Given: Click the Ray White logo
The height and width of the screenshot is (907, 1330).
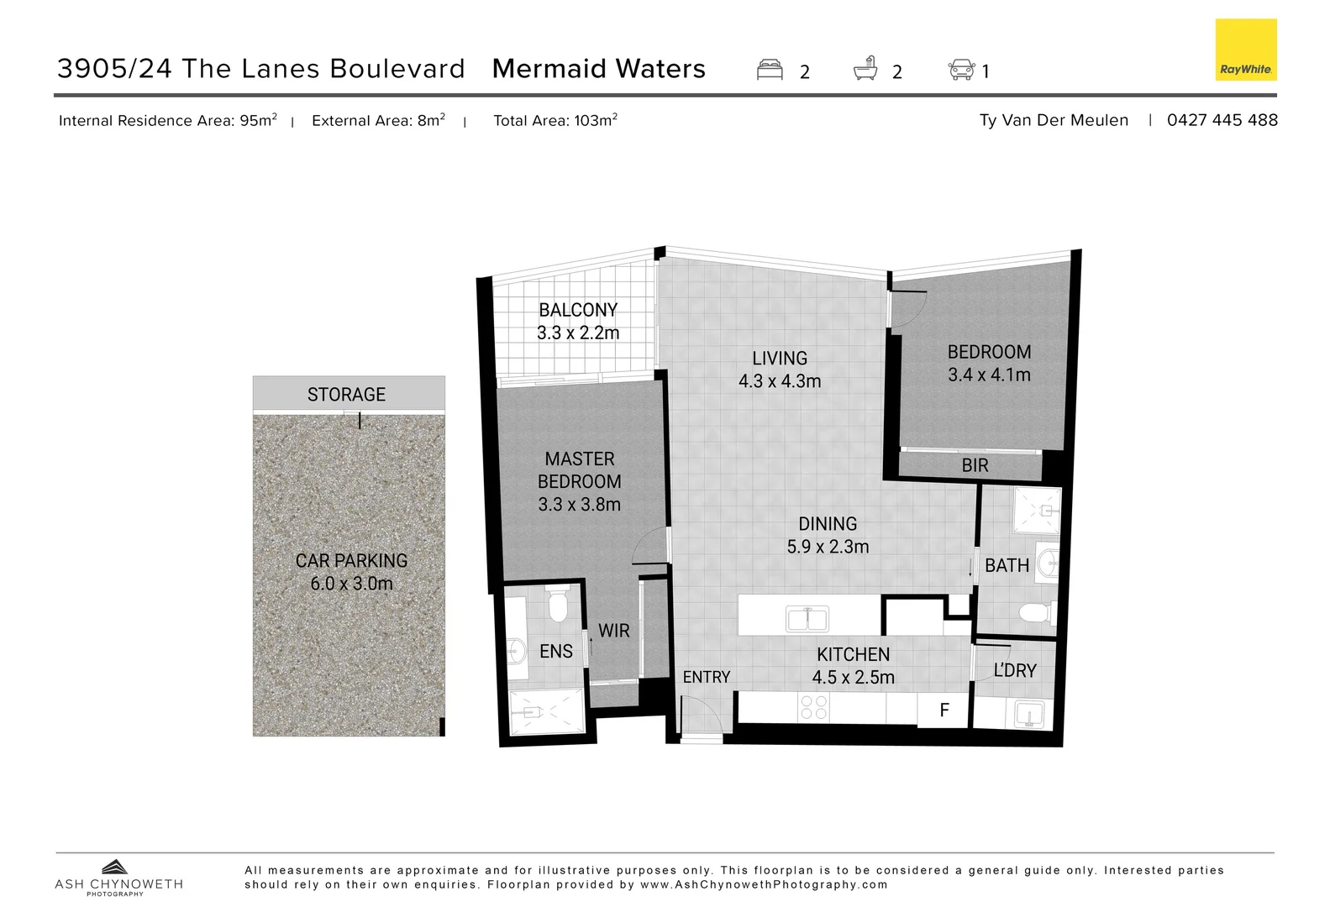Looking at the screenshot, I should tap(1245, 50).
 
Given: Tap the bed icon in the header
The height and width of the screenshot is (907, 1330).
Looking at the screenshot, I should tap(770, 70).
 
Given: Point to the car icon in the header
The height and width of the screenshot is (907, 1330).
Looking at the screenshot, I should tap(961, 70).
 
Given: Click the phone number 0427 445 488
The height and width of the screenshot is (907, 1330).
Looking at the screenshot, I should tap(1222, 120).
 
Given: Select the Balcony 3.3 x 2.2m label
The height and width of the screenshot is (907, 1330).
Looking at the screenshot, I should tap(578, 322).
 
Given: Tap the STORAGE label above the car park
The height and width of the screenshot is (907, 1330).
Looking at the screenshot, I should tap(346, 395).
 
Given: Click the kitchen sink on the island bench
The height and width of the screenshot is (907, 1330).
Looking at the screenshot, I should tap(807, 620).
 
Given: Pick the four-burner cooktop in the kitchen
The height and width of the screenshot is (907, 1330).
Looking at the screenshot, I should tap(813, 707).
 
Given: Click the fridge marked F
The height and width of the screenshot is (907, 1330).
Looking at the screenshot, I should tap(944, 710).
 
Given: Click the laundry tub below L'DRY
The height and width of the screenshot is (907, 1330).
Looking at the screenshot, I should tap(1029, 715).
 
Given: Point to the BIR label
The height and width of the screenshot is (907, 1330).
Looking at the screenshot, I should tap(975, 465).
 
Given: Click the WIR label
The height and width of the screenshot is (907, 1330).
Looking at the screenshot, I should tap(613, 631).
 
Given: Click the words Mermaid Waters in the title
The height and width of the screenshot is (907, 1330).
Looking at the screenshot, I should tap(598, 69).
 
